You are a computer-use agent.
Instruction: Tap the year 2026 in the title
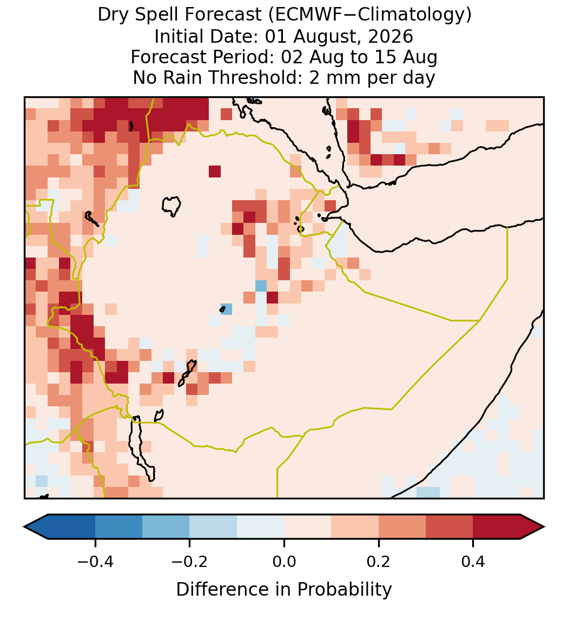391,36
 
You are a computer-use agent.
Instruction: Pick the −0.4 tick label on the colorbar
95,562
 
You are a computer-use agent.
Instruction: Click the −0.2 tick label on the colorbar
190,562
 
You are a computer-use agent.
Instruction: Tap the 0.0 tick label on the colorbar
284,562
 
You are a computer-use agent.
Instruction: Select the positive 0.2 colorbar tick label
379,562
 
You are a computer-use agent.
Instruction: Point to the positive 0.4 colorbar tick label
473,562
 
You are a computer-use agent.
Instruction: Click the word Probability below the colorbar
344,590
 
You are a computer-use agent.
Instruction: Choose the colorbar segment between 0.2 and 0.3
402,527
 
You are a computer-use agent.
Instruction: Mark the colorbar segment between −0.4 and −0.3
118,527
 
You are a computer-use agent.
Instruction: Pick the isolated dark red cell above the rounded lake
215,172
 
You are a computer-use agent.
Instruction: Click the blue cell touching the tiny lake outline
227,309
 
